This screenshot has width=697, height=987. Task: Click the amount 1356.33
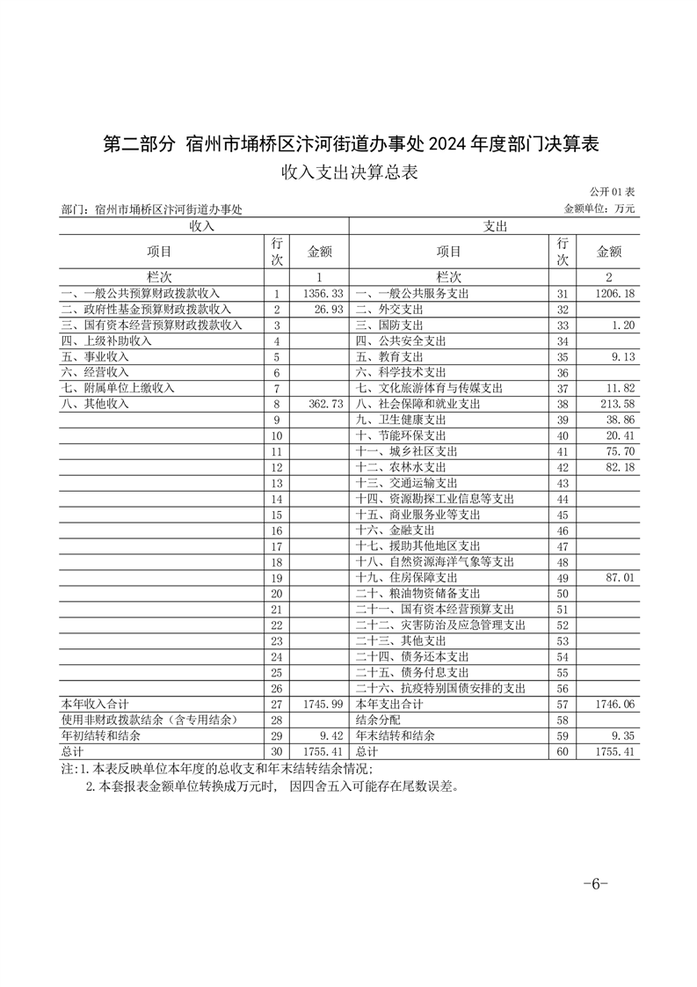[320, 293]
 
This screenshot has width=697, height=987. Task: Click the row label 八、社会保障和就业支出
[417, 404]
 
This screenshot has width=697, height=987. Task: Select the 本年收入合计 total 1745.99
[320, 705]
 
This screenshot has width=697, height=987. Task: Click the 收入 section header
[203, 226]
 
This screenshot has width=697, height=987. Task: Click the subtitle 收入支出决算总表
[348, 172]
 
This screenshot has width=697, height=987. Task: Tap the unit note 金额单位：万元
[599, 208]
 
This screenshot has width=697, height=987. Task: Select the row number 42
[563, 467]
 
